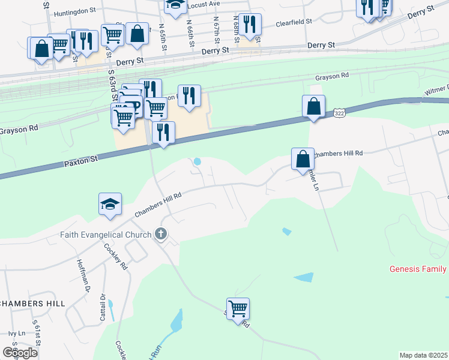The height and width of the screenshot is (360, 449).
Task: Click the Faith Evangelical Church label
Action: [x=106, y=234]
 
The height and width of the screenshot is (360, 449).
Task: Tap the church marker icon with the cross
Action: [x=160, y=234]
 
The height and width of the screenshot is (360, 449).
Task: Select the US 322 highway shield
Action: [x=339, y=112]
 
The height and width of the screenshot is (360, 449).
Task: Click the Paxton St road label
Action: [x=80, y=161]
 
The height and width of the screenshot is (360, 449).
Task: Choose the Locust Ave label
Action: [x=203, y=5]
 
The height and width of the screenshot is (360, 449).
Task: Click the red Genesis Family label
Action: [x=418, y=269]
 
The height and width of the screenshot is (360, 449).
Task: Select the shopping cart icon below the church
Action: [x=238, y=309]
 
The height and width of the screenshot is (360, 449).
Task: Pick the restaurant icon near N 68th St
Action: [x=250, y=25]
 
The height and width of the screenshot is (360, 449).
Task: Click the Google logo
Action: [x=20, y=353]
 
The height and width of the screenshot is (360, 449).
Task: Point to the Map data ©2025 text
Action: [x=423, y=355]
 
